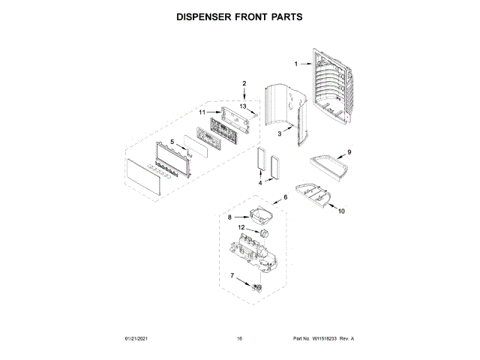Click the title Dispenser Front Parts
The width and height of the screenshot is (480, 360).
pos(239,16)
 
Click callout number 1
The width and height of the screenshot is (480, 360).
pos(295,64)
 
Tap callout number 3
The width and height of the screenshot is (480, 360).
pos(279,133)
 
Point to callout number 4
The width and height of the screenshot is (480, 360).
pos(260,182)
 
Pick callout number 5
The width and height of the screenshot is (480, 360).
pos(172,141)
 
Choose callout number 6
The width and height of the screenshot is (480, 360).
pos(284,198)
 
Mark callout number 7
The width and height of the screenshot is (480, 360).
pos(232,277)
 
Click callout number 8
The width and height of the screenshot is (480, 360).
pos(230,217)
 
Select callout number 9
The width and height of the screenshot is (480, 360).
pos(349,152)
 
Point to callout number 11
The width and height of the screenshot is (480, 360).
pos(202,112)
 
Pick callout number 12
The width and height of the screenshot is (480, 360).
pos(241,227)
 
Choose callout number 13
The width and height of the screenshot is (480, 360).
pos(243,106)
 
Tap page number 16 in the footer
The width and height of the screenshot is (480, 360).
pos(239,339)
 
